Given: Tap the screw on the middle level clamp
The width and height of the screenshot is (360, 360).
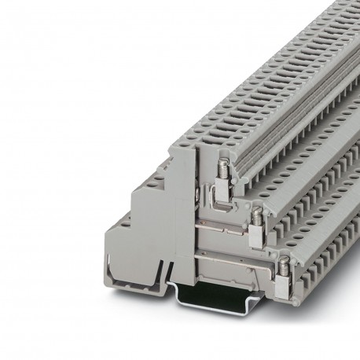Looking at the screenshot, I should pos(255,212).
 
